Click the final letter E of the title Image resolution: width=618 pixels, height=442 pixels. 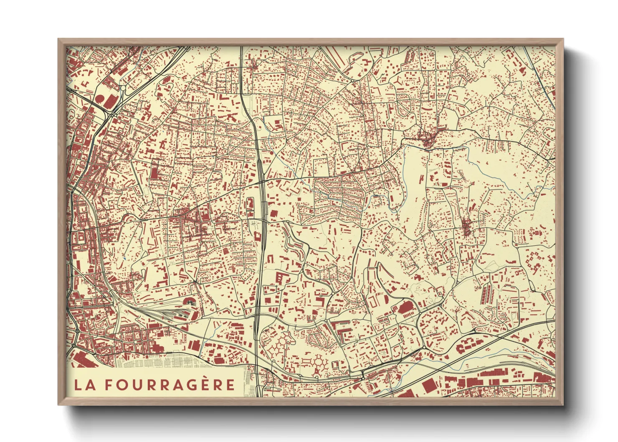tap(230, 385)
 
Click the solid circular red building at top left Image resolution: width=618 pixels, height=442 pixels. tap(100, 99)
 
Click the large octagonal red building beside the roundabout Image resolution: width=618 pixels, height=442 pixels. tap(405, 309)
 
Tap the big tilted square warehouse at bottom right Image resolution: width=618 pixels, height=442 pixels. tap(428, 386)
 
